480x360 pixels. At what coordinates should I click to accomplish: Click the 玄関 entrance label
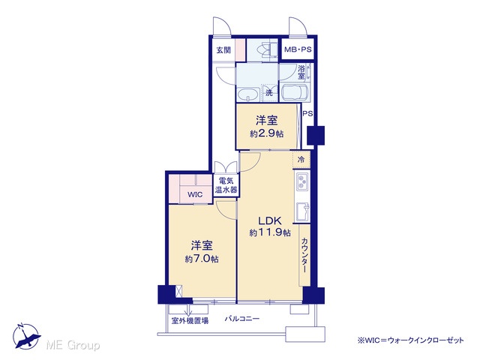click(x=223, y=49)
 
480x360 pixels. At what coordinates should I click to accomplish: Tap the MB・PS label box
click(x=298, y=49)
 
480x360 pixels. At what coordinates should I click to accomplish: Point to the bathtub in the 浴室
click(x=295, y=93)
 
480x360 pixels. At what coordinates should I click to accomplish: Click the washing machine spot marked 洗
click(x=268, y=92)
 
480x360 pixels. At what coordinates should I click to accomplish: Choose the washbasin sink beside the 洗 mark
click(x=248, y=94)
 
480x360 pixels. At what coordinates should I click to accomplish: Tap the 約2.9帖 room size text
click(x=267, y=133)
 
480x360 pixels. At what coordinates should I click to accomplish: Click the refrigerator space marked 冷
click(x=301, y=160)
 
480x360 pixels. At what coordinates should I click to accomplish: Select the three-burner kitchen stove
click(x=302, y=181)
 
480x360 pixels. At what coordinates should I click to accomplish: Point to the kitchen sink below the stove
click(x=302, y=211)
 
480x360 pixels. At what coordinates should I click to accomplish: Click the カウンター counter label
click(x=304, y=255)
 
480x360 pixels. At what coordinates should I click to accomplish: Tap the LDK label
click(x=270, y=220)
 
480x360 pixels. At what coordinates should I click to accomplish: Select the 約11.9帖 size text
click(x=270, y=232)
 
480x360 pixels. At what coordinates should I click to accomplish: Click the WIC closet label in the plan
click(x=195, y=194)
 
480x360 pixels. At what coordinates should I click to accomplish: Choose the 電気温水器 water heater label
click(x=226, y=185)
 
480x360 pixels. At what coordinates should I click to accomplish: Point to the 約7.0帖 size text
click(x=202, y=259)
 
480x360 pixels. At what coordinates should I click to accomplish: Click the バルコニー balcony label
click(x=242, y=319)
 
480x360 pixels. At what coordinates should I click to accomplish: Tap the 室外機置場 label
click(x=190, y=321)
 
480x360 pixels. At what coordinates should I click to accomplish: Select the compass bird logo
click(x=26, y=336)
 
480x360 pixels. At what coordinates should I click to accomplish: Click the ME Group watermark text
click(x=73, y=345)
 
